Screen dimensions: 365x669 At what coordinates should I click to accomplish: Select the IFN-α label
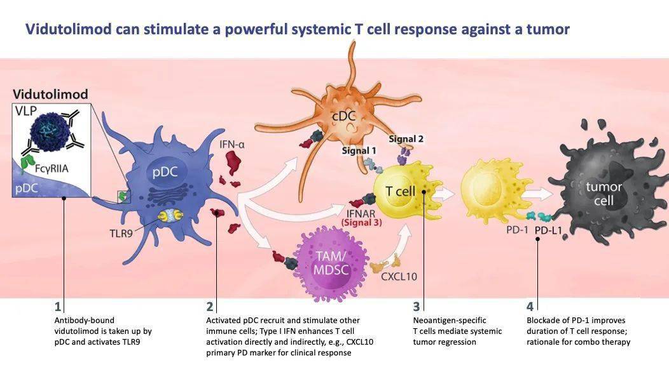click(x=232, y=145)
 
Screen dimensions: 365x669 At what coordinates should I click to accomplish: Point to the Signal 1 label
click(x=359, y=151)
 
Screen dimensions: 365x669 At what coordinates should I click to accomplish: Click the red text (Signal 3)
click(x=361, y=222)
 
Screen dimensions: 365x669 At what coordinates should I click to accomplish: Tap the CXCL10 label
click(x=399, y=276)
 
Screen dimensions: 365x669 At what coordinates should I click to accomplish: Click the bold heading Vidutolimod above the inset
click(x=50, y=95)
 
